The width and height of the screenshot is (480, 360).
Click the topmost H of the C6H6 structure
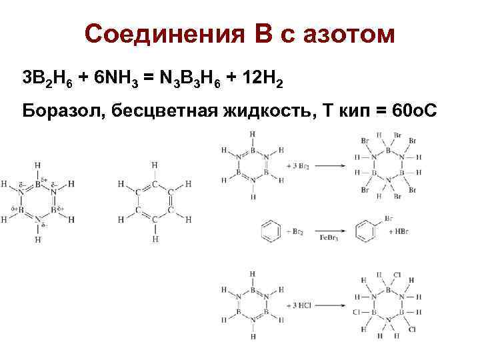click(154, 164)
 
